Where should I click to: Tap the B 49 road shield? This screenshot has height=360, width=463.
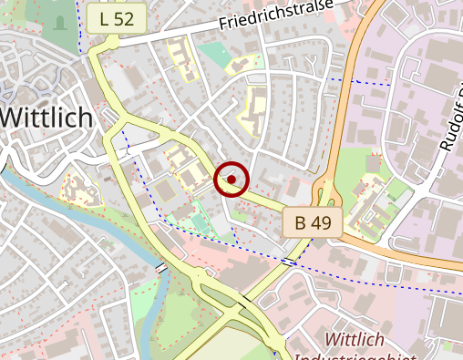point(312,221)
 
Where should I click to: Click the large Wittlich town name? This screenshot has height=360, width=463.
point(46,117)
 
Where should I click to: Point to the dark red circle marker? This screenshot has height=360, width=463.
point(231,180)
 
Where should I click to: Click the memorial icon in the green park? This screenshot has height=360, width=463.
point(60,22)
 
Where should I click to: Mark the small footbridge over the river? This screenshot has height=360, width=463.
point(161,267)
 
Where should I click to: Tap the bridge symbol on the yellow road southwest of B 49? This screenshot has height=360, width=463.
point(288,262)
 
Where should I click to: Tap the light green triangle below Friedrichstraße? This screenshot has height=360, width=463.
point(213,55)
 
